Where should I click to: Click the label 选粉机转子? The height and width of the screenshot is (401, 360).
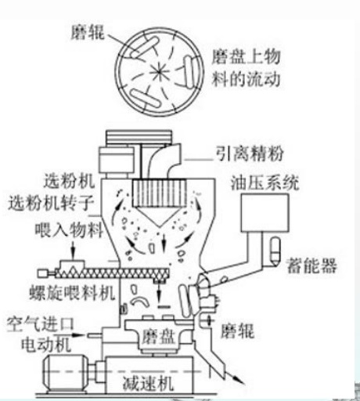point(51,203)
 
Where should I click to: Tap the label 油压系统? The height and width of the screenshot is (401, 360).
point(265,182)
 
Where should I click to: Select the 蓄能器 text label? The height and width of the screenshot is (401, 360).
point(311,266)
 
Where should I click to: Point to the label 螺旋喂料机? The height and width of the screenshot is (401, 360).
point(72,293)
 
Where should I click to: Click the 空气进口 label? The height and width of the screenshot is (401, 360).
point(41,324)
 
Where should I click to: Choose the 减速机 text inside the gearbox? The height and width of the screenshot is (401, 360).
point(148,383)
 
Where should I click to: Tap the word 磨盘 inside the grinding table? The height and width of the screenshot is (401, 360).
point(158,336)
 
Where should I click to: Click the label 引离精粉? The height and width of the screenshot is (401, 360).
point(250,154)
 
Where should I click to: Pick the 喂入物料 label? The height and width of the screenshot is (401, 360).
point(69,229)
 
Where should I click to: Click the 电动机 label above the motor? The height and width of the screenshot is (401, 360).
point(46,345)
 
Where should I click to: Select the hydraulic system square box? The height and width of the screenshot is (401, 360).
point(265,212)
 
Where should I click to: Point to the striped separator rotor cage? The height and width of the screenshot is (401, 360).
point(160,193)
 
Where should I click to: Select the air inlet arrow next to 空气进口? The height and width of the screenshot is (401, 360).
point(77,334)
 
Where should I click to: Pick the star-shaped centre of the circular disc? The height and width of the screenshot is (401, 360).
point(159,72)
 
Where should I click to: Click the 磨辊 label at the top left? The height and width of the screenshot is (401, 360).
point(88,33)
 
